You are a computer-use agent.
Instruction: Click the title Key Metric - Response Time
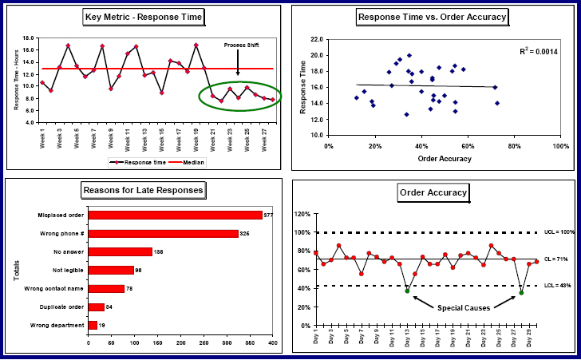point(143,17)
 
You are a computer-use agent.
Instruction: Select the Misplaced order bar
point(175,215)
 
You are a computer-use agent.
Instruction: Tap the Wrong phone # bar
point(163,233)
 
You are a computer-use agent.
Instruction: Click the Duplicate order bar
point(96,307)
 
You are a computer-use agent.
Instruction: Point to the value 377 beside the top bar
point(269,215)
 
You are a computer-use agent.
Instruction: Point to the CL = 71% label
point(556,259)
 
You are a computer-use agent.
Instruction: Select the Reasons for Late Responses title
point(143,190)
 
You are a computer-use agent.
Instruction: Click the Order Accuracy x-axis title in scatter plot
point(445,158)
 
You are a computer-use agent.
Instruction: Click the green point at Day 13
point(407,291)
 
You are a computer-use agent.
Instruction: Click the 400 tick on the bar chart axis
point(272,342)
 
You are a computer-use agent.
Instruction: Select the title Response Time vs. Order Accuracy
point(433,17)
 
